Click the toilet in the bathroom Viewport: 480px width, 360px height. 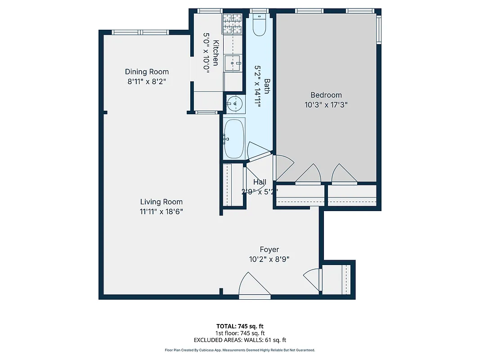point(260,25)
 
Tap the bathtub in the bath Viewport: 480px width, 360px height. point(234,139)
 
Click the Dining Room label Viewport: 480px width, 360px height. point(147,72)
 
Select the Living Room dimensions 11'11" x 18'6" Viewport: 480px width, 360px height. point(161,211)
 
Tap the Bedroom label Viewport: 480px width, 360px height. point(326,95)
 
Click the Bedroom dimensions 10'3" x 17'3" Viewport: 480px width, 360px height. point(326,105)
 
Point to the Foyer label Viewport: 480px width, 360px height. point(269,249)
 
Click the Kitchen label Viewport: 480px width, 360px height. point(216,53)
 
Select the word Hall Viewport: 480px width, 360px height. point(260,182)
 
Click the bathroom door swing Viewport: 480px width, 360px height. point(258,151)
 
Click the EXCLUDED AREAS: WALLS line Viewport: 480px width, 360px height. point(240,340)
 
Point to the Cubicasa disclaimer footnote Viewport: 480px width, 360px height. point(240,350)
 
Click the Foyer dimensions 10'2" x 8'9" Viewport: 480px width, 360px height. point(269,259)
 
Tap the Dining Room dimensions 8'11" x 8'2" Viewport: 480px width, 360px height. point(147,82)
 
